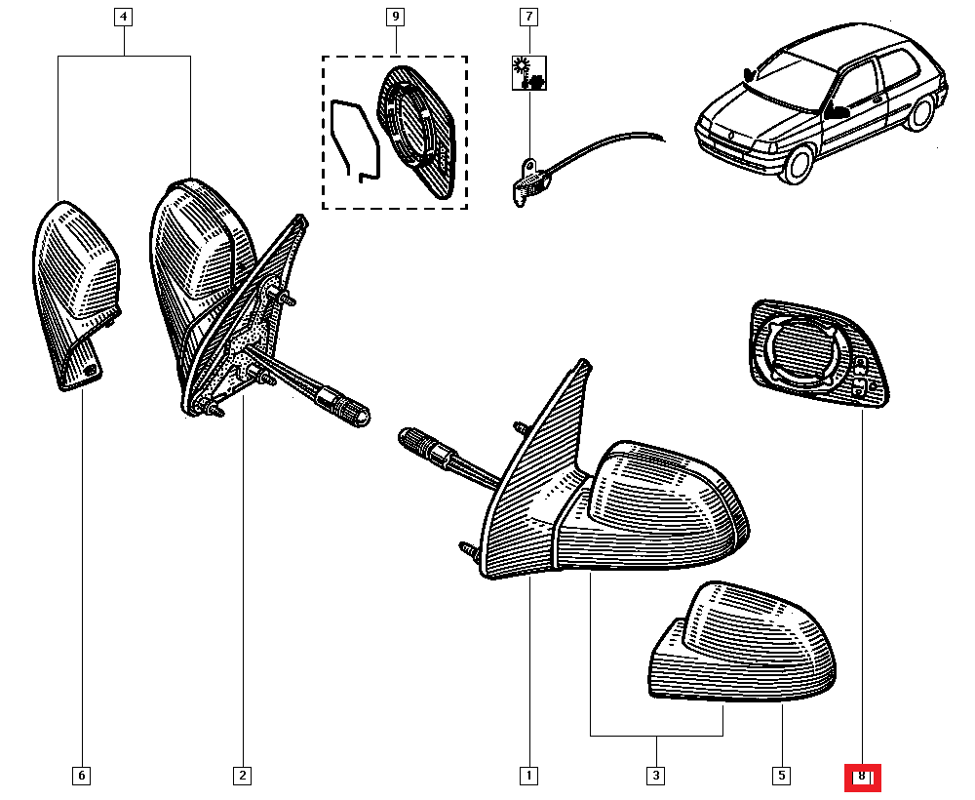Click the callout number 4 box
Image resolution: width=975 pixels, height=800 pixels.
pos(123,17)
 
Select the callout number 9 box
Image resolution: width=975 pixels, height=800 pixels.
pos(396,17)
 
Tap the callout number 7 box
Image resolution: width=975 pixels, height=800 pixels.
pos(528,17)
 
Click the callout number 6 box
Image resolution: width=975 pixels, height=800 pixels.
pos(82,776)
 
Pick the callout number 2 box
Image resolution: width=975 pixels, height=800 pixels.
pos(243,776)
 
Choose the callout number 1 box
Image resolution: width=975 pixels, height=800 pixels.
pos(528,776)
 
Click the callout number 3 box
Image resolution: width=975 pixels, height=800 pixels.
pos(656,776)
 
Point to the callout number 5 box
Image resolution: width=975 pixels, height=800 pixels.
pos(782,776)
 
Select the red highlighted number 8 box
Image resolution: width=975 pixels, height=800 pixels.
pos(863,777)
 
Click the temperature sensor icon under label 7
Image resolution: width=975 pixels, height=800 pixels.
pos(529,73)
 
